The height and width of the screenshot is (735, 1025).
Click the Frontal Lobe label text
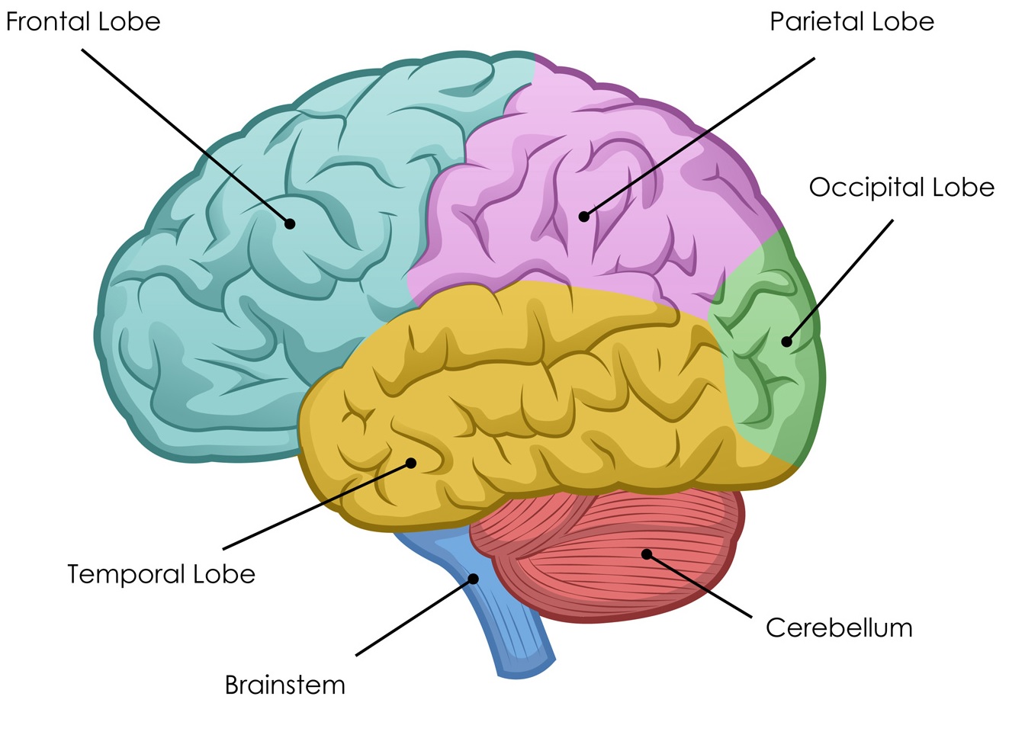pyautogui.click(x=83, y=21)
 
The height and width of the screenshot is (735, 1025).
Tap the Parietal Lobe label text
pyautogui.click(x=851, y=21)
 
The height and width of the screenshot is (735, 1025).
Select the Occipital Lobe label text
pyautogui.click(x=901, y=188)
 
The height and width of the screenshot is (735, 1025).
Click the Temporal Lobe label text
pyautogui.click(x=161, y=574)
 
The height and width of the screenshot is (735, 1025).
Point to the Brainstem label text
pyautogui.click(x=284, y=685)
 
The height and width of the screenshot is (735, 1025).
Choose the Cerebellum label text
pyautogui.click(x=839, y=628)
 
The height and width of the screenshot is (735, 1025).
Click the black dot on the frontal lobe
pyautogui.click(x=290, y=223)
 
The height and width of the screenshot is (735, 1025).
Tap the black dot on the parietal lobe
pyautogui.click(x=583, y=217)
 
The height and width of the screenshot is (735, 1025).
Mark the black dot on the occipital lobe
pyautogui.click(x=786, y=342)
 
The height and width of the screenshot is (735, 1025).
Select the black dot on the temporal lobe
pyautogui.click(x=411, y=463)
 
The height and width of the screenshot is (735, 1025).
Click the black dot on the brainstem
pyautogui.click(x=473, y=579)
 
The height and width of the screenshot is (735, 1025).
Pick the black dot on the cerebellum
pyautogui.click(x=647, y=554)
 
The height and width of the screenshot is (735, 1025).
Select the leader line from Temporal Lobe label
pyautogui.click(x=316, y=506)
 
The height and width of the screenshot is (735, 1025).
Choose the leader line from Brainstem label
pyautogui.click(x=414, y=617)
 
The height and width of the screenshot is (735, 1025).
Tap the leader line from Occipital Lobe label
pyautogui.click(x=839, y=282)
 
